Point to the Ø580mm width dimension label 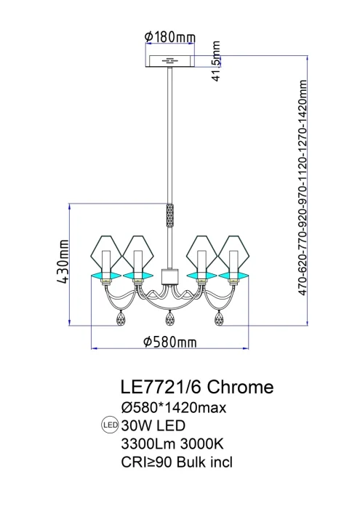[170, 342]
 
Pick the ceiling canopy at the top [171, 60]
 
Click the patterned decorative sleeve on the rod [170, 216]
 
